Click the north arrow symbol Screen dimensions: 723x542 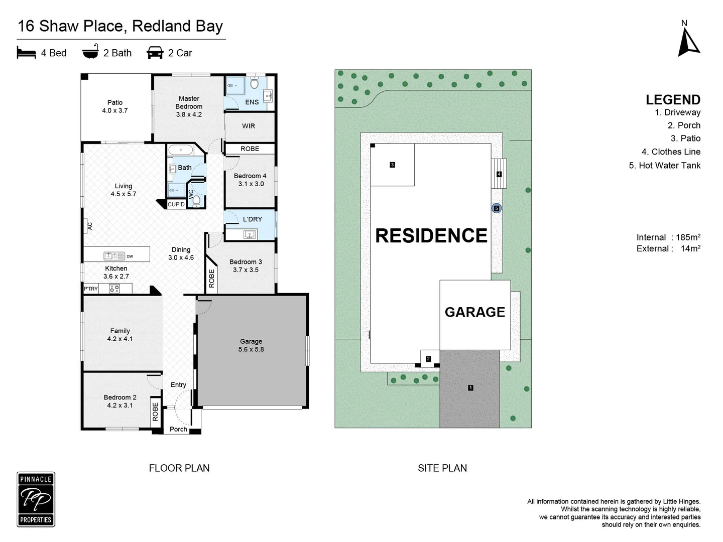click(688, 41)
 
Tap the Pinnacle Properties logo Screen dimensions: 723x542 click(36, 499)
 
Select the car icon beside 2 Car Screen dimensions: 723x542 click(155, 53)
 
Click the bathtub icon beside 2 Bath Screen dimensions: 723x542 click(90, 52)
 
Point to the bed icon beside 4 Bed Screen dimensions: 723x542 click(26, 53)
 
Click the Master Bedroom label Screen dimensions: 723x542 click(189, 102)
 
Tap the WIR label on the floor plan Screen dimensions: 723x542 click(249, 126)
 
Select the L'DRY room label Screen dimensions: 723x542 click(253, 219)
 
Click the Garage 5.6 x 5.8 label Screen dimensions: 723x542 click(251, 345)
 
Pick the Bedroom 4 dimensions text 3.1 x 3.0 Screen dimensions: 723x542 click(251, 184)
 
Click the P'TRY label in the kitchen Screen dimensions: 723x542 click(91, 289)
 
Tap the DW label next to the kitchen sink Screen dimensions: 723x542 click(130, 256)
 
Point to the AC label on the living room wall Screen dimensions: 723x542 click(90, 226)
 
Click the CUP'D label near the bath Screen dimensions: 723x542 click(176, 204)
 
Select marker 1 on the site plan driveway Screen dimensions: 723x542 click(470, 387)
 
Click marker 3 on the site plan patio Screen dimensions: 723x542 click(392, 165)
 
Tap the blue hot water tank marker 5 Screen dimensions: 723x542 click(497, 208)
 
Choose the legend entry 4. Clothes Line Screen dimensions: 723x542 click(671, 152)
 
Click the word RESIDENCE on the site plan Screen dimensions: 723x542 click(431, 235)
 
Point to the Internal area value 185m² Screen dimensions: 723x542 click(688, 237)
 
